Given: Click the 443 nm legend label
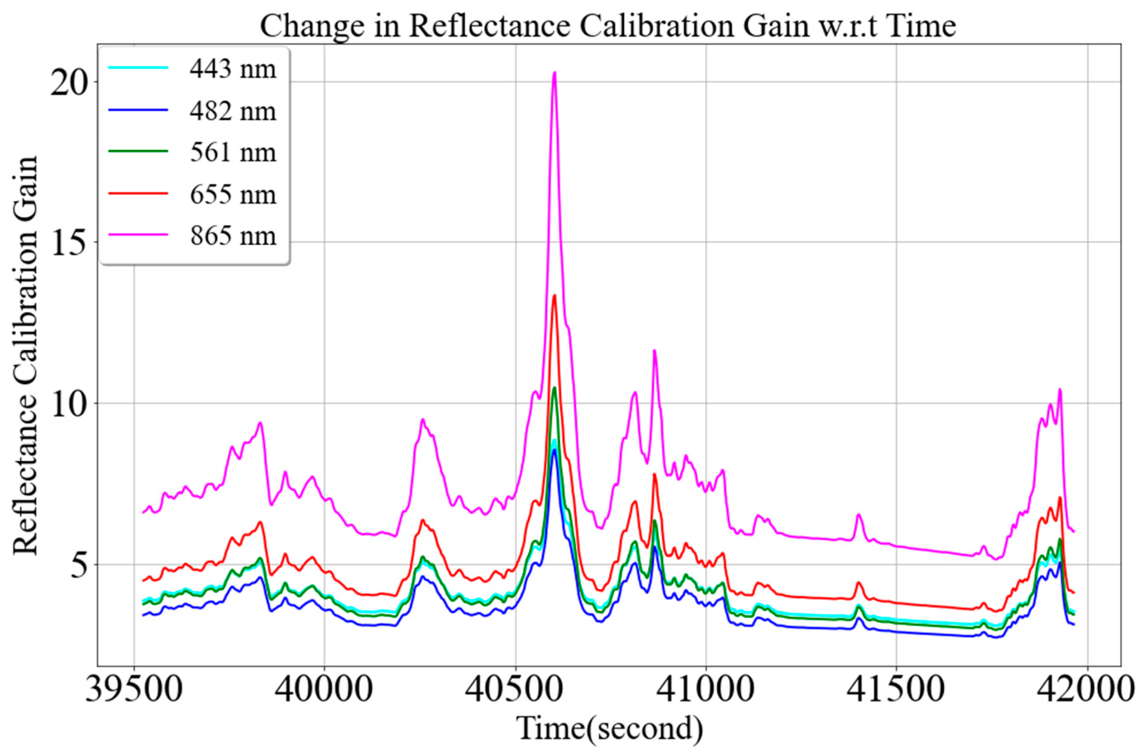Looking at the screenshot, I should pyautogui.click(x=233, y=69).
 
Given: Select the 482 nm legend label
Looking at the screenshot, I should pyautogui.click(x=233, y=111).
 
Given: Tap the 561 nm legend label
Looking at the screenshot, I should pyautogui.click(x=233, y=153).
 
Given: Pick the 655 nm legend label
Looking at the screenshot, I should pyautogui.click(x=233, y=195).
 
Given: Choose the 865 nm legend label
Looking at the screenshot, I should pyautogui.click(x=233, y=236).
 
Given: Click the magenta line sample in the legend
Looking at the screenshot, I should pyautogui.click(x=138, y=235).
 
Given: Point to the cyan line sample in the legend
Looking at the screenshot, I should pyautogui.click(x=138, y=68).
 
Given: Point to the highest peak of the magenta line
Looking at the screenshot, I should pyautogui.click(x=554, y=73).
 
